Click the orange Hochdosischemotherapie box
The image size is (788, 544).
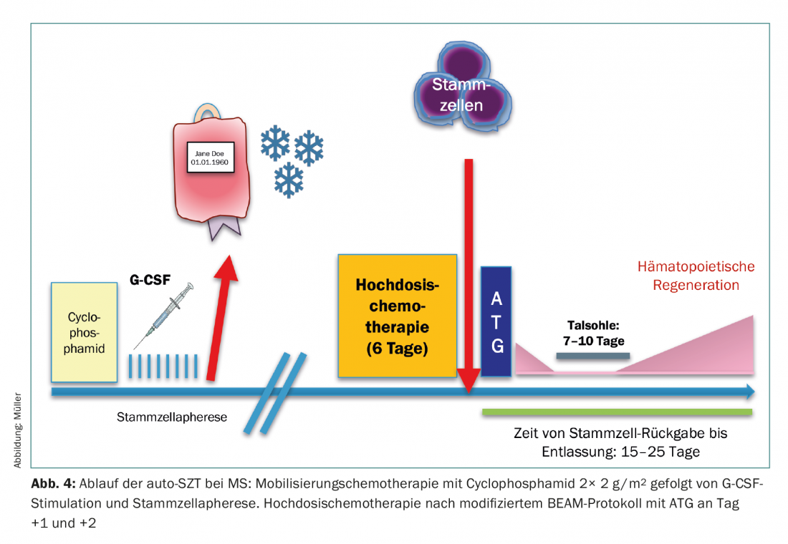(398, 315)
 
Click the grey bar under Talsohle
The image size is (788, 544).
(592, 356)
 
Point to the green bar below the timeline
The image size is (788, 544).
(617, 412)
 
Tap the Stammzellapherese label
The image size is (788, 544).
(172, 416)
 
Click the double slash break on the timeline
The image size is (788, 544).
(274, 393)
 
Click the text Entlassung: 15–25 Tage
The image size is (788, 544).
(620, 452)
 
